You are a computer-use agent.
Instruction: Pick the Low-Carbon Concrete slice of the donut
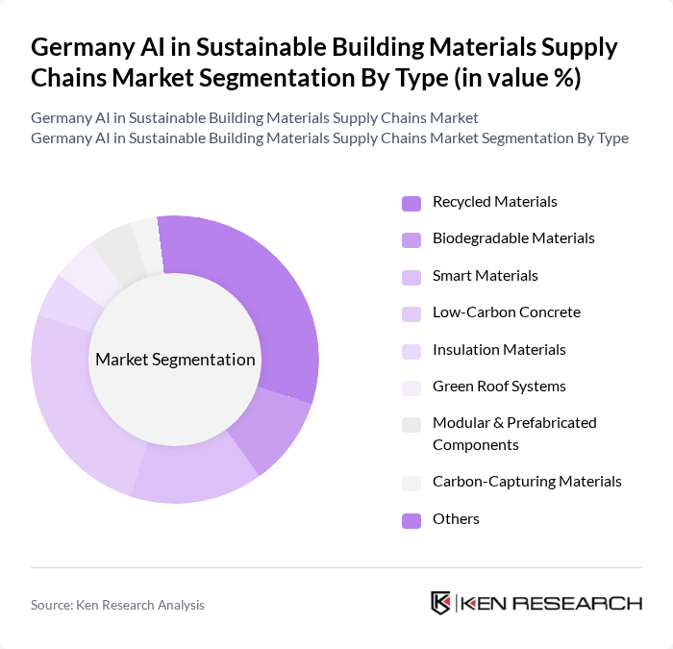pos(72,404)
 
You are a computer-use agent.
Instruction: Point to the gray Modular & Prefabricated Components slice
pos(115,250)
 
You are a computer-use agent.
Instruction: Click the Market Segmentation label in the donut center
pos(175,360)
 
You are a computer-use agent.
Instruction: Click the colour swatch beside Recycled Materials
pos(411,203)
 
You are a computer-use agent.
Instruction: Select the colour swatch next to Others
pos(411,520)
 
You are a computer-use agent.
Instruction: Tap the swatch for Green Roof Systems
pos(411,387)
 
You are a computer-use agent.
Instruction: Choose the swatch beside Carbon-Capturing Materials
pos(411,483)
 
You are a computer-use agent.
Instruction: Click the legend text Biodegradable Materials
pos(513,238)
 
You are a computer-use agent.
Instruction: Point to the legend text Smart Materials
pos(485,276)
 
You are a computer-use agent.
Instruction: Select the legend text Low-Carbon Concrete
pos(506,312)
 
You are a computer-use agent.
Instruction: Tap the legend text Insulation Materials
pos(499,350)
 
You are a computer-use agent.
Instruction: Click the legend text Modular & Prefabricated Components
pos(514,434)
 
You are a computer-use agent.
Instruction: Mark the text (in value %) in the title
pos(515,78)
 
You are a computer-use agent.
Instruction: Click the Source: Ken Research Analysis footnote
pos(117,605)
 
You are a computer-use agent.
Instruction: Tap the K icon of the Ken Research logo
pos(441,603)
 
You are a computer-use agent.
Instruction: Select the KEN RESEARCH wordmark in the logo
pos(552,604)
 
